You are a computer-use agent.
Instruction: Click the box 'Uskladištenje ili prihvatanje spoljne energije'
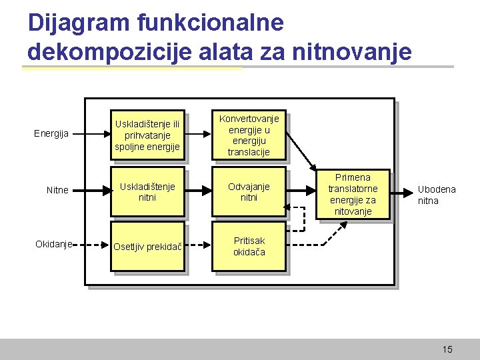pos(147,135)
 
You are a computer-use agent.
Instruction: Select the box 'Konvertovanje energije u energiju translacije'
pos(249,135)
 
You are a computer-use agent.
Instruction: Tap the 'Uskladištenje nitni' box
pos(147,192)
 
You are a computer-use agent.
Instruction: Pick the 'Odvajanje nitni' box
pos(249,192)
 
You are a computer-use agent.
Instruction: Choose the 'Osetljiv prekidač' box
pos(147,247)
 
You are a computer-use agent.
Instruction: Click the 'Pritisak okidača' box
pos(249,247)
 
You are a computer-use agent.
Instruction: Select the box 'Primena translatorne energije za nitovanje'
pos(353,194)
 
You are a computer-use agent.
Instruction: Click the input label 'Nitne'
pos(57,190)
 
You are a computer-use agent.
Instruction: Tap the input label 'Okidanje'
pos(53,244)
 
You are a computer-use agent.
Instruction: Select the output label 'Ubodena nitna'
pos(437,195)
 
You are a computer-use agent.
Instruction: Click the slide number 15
pos(447,349)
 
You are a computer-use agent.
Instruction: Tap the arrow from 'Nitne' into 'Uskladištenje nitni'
pos(91,191)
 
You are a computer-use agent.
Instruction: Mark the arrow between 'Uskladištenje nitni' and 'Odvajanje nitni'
pos(198,191)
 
